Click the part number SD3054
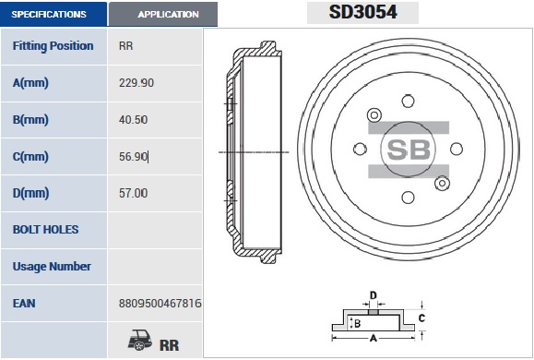(362, 12)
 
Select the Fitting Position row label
(53, 46)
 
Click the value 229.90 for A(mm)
(136, 83)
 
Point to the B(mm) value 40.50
(133, 120)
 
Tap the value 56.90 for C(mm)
(133, 157)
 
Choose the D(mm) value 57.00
(133, 193)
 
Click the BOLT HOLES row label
(45, 230)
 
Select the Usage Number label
(52, 267)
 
